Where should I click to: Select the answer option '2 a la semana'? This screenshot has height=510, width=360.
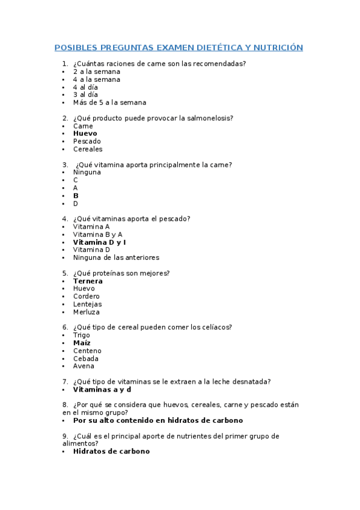(x=96, y=72)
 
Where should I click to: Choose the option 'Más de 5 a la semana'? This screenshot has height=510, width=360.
(x=109, y=102)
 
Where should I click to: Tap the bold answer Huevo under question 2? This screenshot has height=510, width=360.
(x=85, y=134)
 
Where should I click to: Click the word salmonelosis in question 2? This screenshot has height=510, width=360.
(x=210, y=118)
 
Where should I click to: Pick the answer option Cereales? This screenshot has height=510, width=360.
(x=88, y=149)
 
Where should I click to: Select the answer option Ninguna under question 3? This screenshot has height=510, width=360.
(x=87, y=172)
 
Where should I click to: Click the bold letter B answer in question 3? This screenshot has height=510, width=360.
(x=76, y=195)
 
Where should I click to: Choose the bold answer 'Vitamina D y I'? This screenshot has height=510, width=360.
(x=99, y=242)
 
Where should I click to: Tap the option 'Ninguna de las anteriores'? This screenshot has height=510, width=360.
(x=116, y=257)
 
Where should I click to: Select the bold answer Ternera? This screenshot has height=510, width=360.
(x=88, y=281)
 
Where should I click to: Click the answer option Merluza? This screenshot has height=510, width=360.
(x=87, y=312)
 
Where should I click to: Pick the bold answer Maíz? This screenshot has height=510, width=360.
(x=82, y=343)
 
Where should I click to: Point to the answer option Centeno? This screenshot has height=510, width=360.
(x=87, y=351)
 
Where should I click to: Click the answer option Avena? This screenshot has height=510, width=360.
(x=84, y=366)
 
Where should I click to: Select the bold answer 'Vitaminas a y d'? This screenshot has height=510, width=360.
(x=102, y=389)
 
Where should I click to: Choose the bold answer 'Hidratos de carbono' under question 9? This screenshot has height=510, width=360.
(x=111, y=451)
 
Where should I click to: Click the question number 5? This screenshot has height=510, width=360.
(x=64, y=273)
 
